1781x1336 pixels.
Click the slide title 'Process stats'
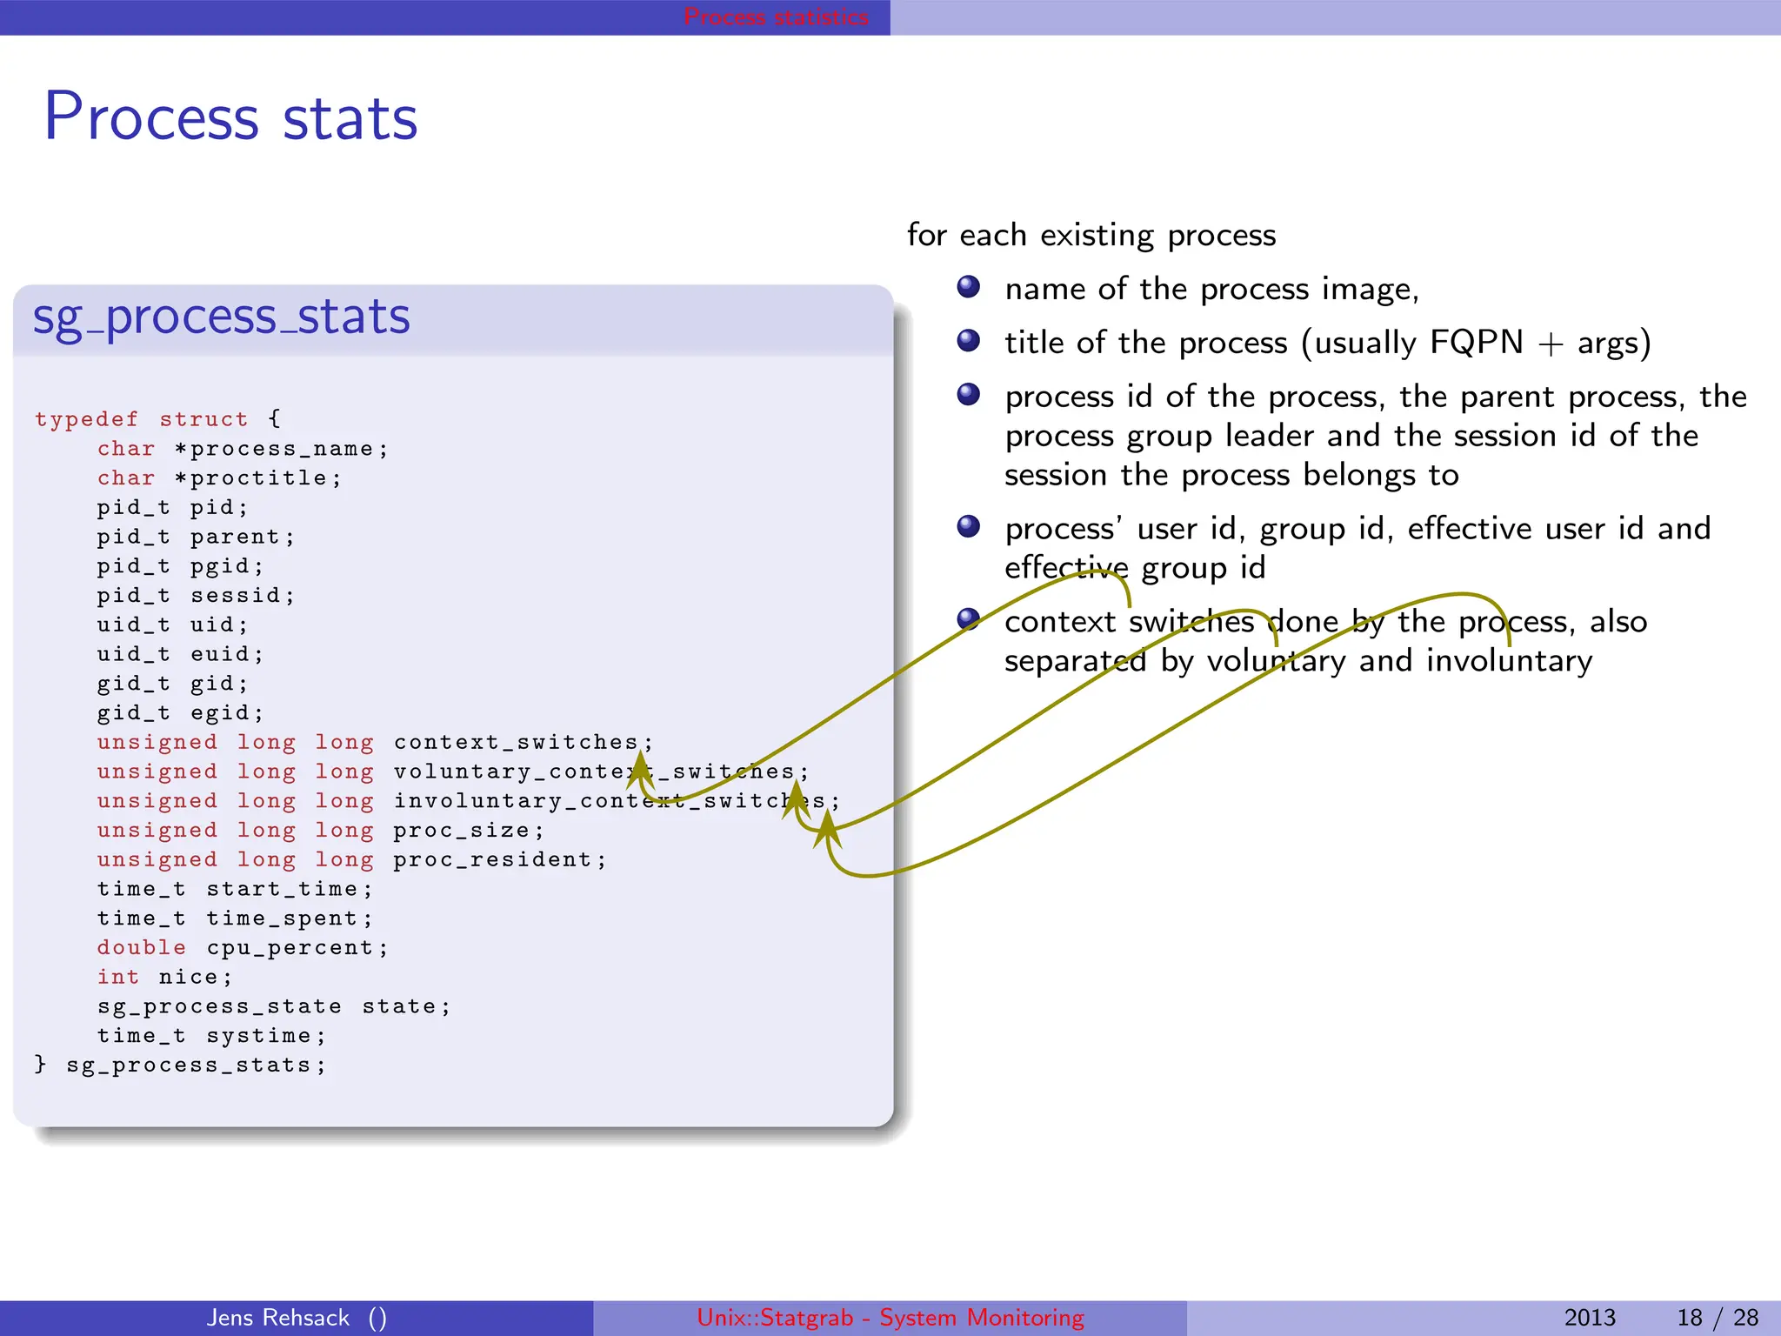coord(230,117)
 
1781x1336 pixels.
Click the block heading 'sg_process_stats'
coord(221,317)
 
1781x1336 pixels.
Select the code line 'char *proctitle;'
coord(219,478)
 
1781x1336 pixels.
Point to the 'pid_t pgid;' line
coord(180,566)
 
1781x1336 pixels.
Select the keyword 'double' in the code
coord(141,948)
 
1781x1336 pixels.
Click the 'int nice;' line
coord(164,978)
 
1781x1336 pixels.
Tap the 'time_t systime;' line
coord(211,1036)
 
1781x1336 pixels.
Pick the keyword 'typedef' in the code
coord(86,419)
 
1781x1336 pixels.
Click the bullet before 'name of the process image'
coord(968,287)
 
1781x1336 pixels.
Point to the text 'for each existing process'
coord(1091,235)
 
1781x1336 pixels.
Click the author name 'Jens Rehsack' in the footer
coord(278,1318)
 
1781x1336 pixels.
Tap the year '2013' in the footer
coord(1589,1318)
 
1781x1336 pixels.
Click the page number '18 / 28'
coord(1717,1318)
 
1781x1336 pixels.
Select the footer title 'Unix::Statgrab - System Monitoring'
coord(890,1318)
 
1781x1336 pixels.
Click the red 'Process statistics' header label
coord(776,17)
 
